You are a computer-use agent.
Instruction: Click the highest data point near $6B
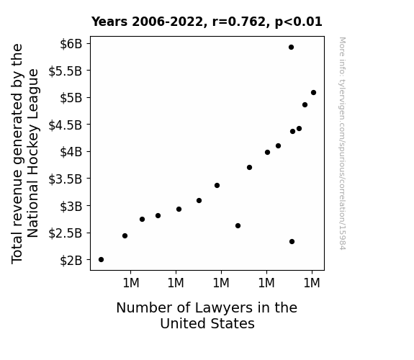(x=291, y=48)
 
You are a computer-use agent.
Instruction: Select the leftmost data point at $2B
(x=101, y=260)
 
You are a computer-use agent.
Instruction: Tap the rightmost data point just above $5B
(x=313, y=92)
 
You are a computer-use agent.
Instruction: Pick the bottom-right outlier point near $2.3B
(x=292, y=241)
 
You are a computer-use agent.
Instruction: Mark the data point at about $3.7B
(x=249, y=168)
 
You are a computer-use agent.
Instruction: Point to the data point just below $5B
(x=305, y=105)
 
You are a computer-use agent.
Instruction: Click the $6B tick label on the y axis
(x=71, y=44)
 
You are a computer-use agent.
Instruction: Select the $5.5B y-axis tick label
(x=66, y=71)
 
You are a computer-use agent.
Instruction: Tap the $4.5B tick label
(x=66, y=125)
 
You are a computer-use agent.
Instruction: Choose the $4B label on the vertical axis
(x=71, y=152)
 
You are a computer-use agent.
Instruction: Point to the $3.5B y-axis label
(x=66, y=179)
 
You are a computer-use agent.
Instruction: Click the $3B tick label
(x=71, y=206)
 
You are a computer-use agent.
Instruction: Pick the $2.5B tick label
(x=66, y=233)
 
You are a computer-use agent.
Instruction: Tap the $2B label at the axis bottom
(x=71, y=261)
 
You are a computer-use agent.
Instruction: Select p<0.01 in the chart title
(x=299, y=22)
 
